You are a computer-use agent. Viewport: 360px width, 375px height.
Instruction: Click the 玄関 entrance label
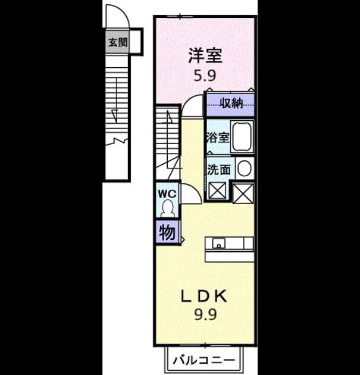pyautogui.click(x=118, y=43)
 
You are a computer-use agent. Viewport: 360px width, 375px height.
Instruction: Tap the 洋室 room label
pyautogui.click(x=205, y=55)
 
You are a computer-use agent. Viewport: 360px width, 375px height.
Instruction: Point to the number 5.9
pyautogui.click(x=205, y=76)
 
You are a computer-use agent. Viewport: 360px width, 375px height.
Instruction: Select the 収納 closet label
pyautogui.click(x=231, y=104)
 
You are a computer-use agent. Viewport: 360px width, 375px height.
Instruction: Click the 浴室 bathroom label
pyautogui.click(x=218, y=137)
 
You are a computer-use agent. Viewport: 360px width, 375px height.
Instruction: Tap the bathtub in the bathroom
pyautogui.click(x=242, y=136)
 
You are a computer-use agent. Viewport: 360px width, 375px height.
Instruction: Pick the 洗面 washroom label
pyautogui.click(x=219, y=170)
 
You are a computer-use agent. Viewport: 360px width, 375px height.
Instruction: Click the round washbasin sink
pyautogui.click(x=245, y=168)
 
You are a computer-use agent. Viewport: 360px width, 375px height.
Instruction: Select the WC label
pyautogui.click(x=167, y=193)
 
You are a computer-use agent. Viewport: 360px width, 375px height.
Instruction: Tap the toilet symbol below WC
pyautogui.click(x=167, y=208)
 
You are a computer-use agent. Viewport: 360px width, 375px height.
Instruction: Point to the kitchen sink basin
pyautogui.click(x=218, y=243)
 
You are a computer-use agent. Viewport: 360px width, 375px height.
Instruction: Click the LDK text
pyautogui.click(x=204, y=296)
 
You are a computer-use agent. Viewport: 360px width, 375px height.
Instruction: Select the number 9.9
pyautogui.click(x=205, y=314)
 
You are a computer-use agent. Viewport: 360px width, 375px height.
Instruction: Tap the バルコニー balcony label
pyautogui.click(x=204, y=360)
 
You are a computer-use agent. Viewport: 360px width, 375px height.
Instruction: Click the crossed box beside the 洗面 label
pyautogui.click(x=217, y=190)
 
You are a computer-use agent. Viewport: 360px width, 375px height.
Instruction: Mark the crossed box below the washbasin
pyautogui.click(x=243, y=193)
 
